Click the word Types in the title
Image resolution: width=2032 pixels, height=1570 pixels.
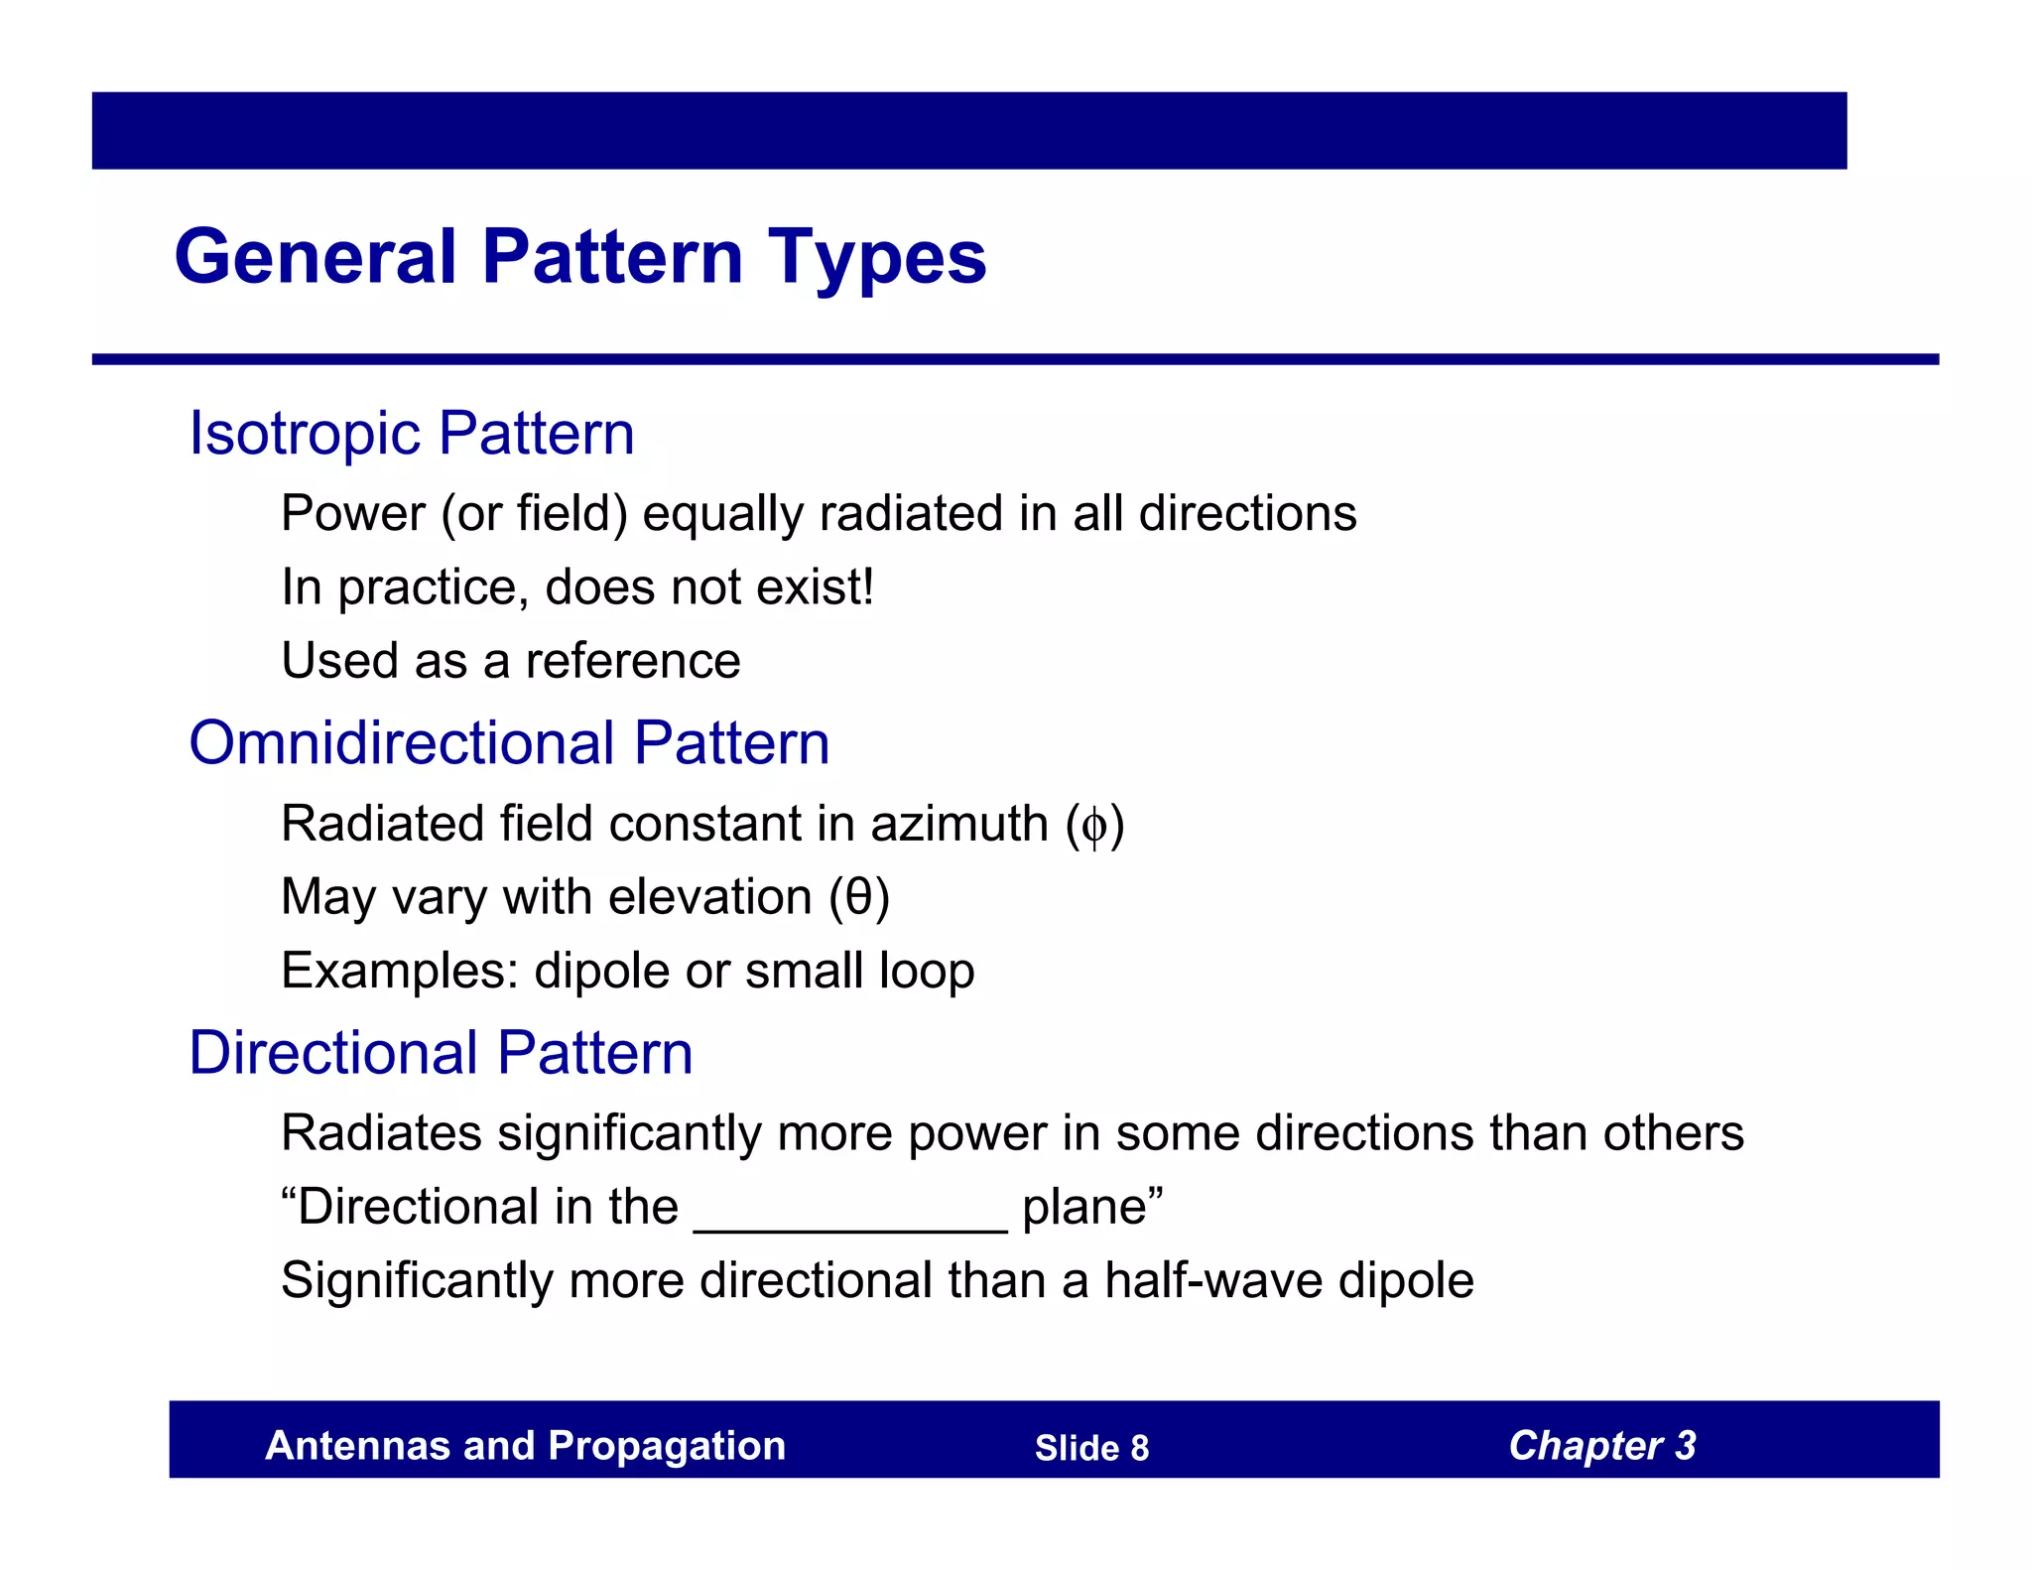point(877,258)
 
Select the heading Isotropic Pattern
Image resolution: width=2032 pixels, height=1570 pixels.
point(412,434)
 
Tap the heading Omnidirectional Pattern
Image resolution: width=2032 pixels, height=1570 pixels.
point(509,743)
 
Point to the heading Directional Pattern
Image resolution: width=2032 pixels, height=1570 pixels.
point(441,1053)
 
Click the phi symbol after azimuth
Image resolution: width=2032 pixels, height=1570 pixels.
point(1094,826)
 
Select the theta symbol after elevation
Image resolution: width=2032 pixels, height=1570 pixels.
point(859,897)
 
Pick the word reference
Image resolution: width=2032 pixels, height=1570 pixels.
point(633,661)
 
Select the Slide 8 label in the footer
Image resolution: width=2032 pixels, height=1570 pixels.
point(1091,1448)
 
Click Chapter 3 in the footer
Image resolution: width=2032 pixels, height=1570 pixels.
point(1601,1446)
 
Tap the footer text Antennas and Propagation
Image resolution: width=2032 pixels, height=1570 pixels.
point(525,1446)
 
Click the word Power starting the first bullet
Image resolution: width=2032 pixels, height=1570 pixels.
point(353,514)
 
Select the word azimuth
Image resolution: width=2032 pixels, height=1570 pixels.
point(958,825)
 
